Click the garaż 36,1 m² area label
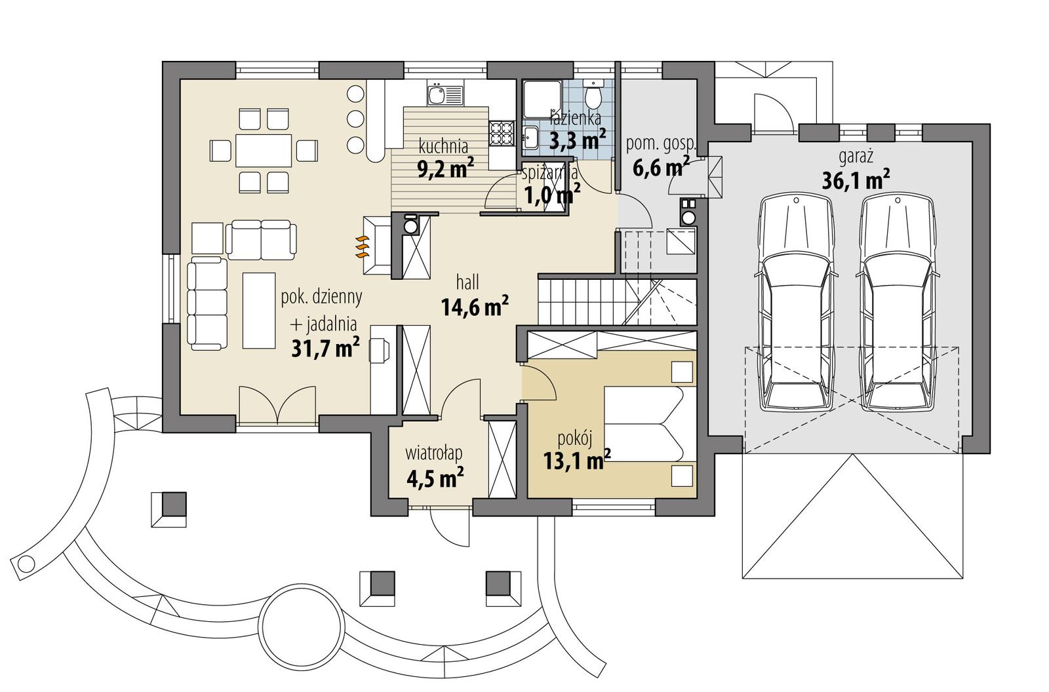click(856, 170)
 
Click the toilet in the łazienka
click(594, 96)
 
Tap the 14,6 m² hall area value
click(475, 307)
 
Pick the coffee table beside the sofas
click(258, 311)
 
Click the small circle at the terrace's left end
click(26, 563)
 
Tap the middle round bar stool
click(355, 119)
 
